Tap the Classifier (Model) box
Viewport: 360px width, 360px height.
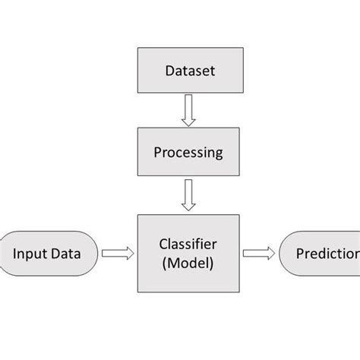tap(188, 253)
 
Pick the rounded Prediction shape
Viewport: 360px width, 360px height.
tap(320, 253)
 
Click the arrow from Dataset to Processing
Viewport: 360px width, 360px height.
tap(188, 112)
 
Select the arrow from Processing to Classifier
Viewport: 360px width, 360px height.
tap(188, 195)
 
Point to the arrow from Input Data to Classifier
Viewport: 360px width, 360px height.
tap(118, 253)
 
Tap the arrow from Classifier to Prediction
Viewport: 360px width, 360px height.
tap(258, 253)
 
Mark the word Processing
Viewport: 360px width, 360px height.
tap(188, 153)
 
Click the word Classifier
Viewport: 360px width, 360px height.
tap(188, 244)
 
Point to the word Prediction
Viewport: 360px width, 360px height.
tap(327, 253)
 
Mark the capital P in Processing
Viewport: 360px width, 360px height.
tap(158, 152)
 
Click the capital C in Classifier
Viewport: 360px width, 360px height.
tap(163, 244)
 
